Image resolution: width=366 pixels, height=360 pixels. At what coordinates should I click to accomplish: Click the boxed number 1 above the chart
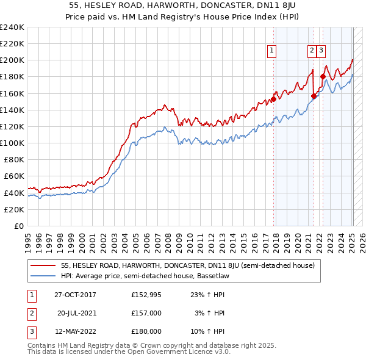pos(271,51)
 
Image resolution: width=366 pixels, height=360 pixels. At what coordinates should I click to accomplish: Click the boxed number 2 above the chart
pos(312,51)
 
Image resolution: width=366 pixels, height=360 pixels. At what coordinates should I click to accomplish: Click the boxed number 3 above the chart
pos(321,51)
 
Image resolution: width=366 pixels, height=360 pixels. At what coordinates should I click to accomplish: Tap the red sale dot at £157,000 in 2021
pos(314,96)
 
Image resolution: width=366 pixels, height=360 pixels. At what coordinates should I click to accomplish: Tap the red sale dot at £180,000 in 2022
pos(323,77)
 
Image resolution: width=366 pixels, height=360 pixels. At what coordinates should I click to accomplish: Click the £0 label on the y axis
pos(18,226)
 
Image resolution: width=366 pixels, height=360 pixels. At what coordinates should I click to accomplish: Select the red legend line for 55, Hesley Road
pos(43,265)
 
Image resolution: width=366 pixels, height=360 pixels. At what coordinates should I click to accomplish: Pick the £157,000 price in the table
pos(146,313)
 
